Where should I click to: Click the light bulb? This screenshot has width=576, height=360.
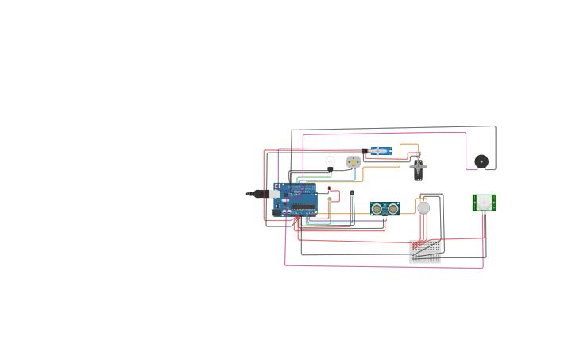click(x=330, y=162)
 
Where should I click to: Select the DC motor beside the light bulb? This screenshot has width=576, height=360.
click(x=353, y=162)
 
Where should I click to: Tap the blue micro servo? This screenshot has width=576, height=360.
click(x=379, y=151)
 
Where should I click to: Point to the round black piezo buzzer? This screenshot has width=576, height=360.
click(x=481, y=161)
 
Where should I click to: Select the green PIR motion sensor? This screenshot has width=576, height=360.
click(x=484, y=203)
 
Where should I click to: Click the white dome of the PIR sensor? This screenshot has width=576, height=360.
click(x=484, y=202)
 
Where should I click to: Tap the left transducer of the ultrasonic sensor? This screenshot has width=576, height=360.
click(x=377, y=209)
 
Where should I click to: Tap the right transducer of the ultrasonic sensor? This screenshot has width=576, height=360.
click(x=392, y=209)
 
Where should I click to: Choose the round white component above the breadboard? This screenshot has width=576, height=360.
click(x=423, y=208)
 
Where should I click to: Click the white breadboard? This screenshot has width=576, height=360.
click(x=425, y=251)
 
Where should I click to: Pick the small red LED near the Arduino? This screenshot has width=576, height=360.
click(x=329, y=189)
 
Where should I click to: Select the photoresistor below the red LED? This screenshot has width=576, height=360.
click(x=330, y=199)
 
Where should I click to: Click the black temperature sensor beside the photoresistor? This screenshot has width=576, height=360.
click(x=351, y=193)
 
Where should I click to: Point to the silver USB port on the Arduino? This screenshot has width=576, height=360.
click(x=274, y=193)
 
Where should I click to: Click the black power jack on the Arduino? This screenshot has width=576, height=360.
click(x=276, y=212)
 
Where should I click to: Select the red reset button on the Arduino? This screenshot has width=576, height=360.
click(x=277, y=185)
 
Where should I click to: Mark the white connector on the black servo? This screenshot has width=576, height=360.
click(x=418, y=153)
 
